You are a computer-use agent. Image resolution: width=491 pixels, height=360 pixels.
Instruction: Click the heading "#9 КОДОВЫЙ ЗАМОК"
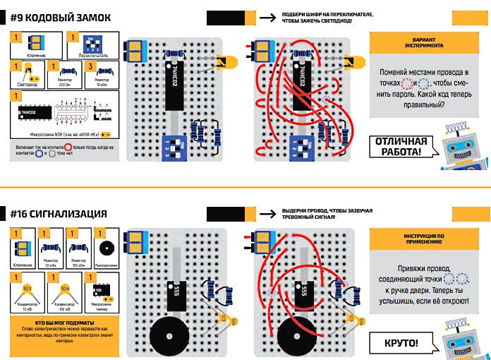pyautogui.click(x=54, y=16)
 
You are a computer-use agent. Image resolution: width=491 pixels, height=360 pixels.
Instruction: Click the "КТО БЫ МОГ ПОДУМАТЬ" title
pyautogui.click(x=51, y=322)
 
